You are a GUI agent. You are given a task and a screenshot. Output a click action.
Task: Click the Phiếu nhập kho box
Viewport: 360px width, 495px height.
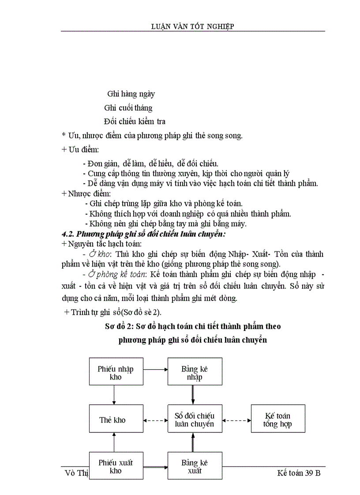tap(116, 372)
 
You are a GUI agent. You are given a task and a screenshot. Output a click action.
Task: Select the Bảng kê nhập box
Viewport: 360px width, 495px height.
tap(195, 372)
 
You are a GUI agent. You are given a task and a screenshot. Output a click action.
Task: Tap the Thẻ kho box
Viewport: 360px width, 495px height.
tap(114, 420)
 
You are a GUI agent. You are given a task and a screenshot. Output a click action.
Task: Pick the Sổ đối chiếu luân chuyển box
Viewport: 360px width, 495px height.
tap(195, 420)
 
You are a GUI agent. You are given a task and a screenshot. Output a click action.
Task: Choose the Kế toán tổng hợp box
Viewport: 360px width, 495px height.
tap(277, 420)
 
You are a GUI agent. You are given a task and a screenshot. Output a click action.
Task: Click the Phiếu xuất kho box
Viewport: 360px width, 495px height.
tap(116, 466)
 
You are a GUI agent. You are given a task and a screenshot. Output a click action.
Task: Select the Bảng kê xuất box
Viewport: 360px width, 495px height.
tap(195, 466)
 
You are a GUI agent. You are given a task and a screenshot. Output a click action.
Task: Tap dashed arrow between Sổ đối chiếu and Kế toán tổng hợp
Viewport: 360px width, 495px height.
tap(236, 420)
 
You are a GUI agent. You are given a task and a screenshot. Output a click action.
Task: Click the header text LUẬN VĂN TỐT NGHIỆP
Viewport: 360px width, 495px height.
tap(192, 26)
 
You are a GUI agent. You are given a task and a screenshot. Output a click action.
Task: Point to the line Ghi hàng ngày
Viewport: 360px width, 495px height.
tap(131, 94)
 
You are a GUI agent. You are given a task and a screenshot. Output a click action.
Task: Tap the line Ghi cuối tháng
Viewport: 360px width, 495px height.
tap(128, 108)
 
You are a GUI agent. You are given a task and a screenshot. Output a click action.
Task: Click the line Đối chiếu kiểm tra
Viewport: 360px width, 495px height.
tap(135, 121)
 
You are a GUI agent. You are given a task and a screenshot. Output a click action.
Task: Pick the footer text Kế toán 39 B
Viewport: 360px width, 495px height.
tap(301, 473)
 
